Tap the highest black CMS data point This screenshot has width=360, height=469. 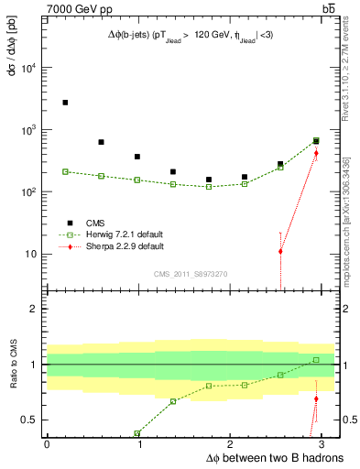tap(65, 103)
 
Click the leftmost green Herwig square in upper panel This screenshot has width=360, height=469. tap(65, 171)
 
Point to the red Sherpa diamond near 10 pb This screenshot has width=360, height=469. tap(280, 251)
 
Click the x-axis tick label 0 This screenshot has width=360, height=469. tap(47, 444)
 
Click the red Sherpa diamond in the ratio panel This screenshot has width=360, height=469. tap(316, 398)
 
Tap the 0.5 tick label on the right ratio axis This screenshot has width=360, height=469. tap(347, 420)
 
